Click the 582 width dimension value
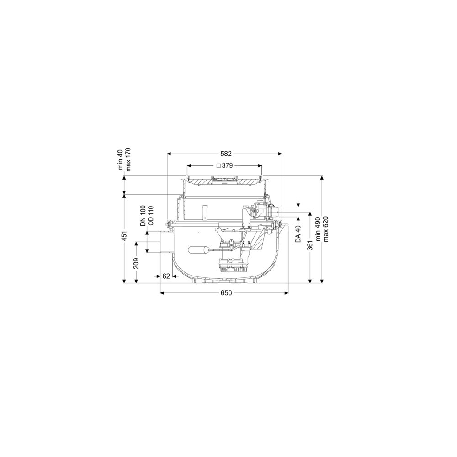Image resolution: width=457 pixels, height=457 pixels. [226, 154]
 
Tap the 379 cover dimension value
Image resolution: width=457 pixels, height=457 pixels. [227, 165]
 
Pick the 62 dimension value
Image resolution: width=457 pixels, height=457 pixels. [166, 276]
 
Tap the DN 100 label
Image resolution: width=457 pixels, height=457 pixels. [143, 216]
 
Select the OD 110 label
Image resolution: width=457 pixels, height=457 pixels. [151, 216]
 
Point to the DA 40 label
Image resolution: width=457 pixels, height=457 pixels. [298, 234]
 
